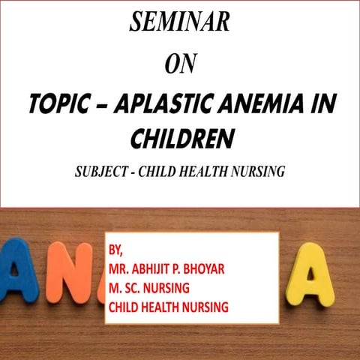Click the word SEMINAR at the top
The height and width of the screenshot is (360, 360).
[x=179, y=22]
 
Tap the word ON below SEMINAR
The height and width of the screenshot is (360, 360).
[x=179, y=65]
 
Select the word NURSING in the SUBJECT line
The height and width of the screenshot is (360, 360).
[x=260, y=172]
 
